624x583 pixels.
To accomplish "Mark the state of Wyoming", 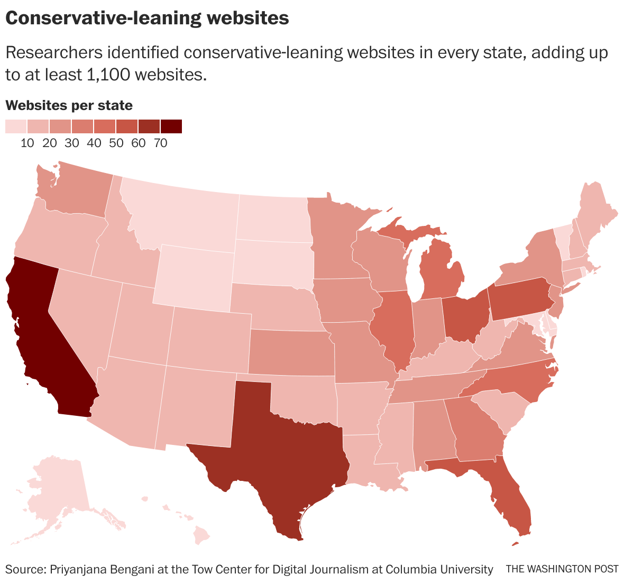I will [x=193, y=275].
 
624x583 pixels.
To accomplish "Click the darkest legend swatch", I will [x=171, y=126].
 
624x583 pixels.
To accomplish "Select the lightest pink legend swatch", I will [x=16, y=126].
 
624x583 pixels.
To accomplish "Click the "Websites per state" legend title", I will [x=69, y=105].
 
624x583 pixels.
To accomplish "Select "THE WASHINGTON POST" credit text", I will [x=562, y=569].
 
